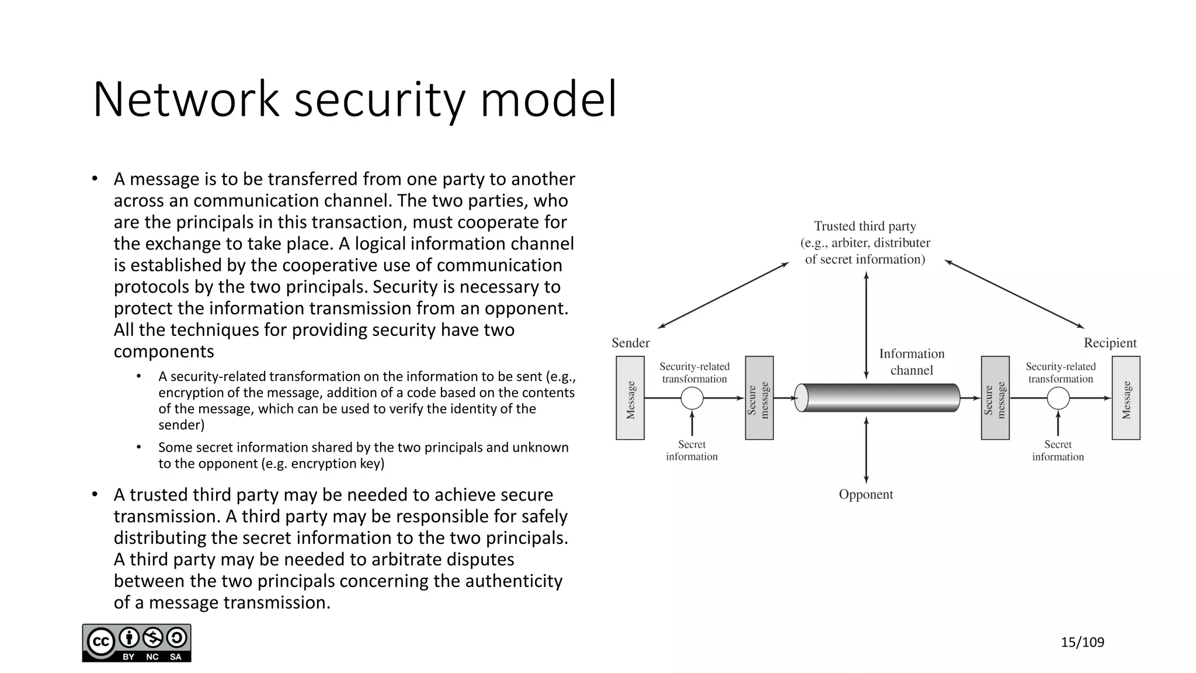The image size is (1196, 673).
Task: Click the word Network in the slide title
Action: pyautogui.click(x=186, y=100)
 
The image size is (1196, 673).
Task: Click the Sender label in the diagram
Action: pyautogui.click(x=630, y=343)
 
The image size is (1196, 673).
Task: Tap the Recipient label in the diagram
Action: pyautogui.click(x=1110, y=343)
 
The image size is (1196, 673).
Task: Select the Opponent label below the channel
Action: pyautogui.click(x=865, y=494)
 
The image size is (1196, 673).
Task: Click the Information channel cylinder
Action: pyautogui.click(x=878, y=398)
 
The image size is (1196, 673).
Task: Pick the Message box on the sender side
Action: pyautogui.click(x=630, y=398)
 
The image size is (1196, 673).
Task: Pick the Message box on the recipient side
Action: pyautogui.click(x=1126, y=398)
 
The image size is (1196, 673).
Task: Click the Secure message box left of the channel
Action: pyautogui.click(x=759, y=398)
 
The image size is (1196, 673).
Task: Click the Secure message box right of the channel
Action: pyautogui.click(x=995, y=398)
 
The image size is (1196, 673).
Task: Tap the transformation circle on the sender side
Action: pyautogui.click(x=692, y=398)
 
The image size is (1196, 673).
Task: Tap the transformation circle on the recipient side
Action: pyautogui.click(x=1058, y=398)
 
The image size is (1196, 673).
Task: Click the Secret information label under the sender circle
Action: pyautogui.click(x=692, y=450)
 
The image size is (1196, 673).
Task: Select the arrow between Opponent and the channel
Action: pyautogui.click(x=866, y=450)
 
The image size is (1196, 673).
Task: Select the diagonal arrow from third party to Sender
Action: pyautogui.click(x=723, y=295)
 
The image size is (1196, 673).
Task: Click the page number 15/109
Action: pyautogui.click(x=1082, y=643)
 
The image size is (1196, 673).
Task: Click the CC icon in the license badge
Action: pyautogui.click(x=100, y=643)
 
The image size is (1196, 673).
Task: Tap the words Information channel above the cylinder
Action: pyautogui.click(x=912, y=362)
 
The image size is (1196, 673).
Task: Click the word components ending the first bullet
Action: pyautogui.click(x=164, y=352)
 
